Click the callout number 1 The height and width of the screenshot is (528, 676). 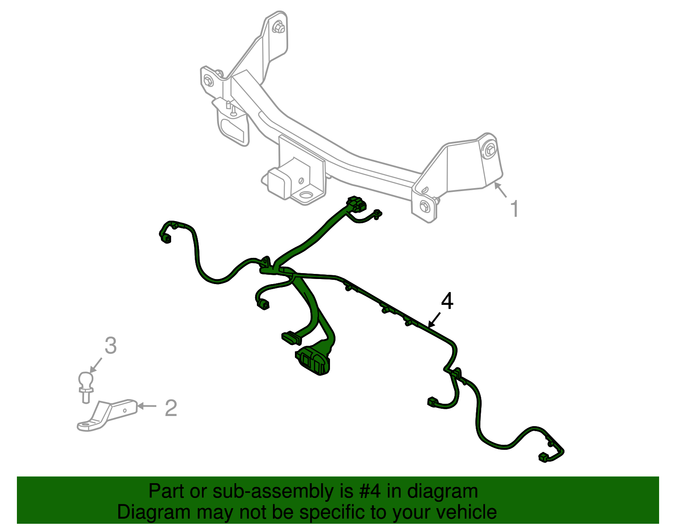(x=514, y=209)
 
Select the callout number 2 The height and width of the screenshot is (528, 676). (x=171, y=408)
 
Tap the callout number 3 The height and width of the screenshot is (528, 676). (x=110, y=346)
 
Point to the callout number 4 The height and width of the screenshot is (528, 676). (x=447, y=301)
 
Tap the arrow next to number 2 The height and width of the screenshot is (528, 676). (x=147, y=406)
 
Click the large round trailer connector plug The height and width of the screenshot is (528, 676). (x=313, y=361)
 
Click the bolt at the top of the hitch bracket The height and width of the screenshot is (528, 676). (x=278, y=28)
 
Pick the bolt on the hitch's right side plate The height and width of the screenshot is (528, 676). (x=491, y=150)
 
